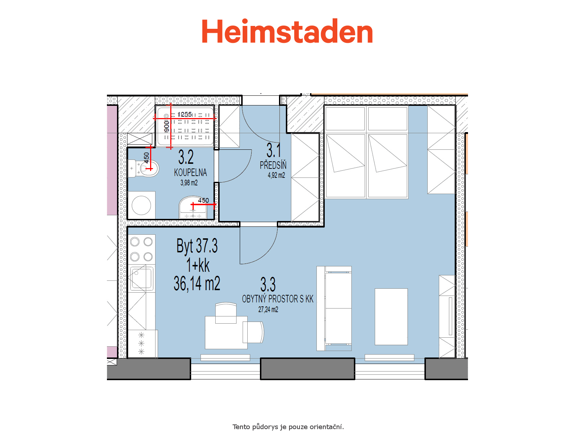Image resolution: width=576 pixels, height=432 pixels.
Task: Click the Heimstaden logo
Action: point(287,31)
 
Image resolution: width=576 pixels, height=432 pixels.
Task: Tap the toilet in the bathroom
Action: point(144,168)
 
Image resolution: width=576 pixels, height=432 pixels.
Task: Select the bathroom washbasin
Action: point(193,207)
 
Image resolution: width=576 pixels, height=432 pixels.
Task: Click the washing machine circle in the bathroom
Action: point(141,205)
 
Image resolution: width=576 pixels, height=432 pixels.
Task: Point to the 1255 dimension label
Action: point(185,114)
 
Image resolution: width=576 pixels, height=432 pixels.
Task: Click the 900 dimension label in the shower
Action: point(167,126)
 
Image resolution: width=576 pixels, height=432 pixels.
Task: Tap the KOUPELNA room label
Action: point(190,172)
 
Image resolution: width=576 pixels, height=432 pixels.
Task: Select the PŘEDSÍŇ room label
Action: point(273,165)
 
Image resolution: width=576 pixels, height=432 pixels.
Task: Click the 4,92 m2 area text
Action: point(276,175)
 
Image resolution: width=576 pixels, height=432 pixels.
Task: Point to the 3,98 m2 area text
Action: point(189,183)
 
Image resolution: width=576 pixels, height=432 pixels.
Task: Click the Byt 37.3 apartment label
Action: point(197,246)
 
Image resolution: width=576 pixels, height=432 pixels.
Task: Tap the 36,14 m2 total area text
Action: point(197,284)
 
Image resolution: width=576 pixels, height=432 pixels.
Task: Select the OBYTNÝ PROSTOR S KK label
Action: point(278,299)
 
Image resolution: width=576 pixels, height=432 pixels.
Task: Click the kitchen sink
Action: point(142,278)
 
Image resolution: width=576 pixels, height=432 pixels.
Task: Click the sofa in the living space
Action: point(334,309)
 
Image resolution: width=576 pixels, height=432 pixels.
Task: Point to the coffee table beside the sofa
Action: point(391,317)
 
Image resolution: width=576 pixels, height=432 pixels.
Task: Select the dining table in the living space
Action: point(226,333)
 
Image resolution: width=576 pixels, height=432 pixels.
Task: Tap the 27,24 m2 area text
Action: point(268,310)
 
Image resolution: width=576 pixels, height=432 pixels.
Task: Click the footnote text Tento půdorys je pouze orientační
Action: point(288,427)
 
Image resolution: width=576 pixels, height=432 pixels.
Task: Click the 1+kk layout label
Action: point(198,265)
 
